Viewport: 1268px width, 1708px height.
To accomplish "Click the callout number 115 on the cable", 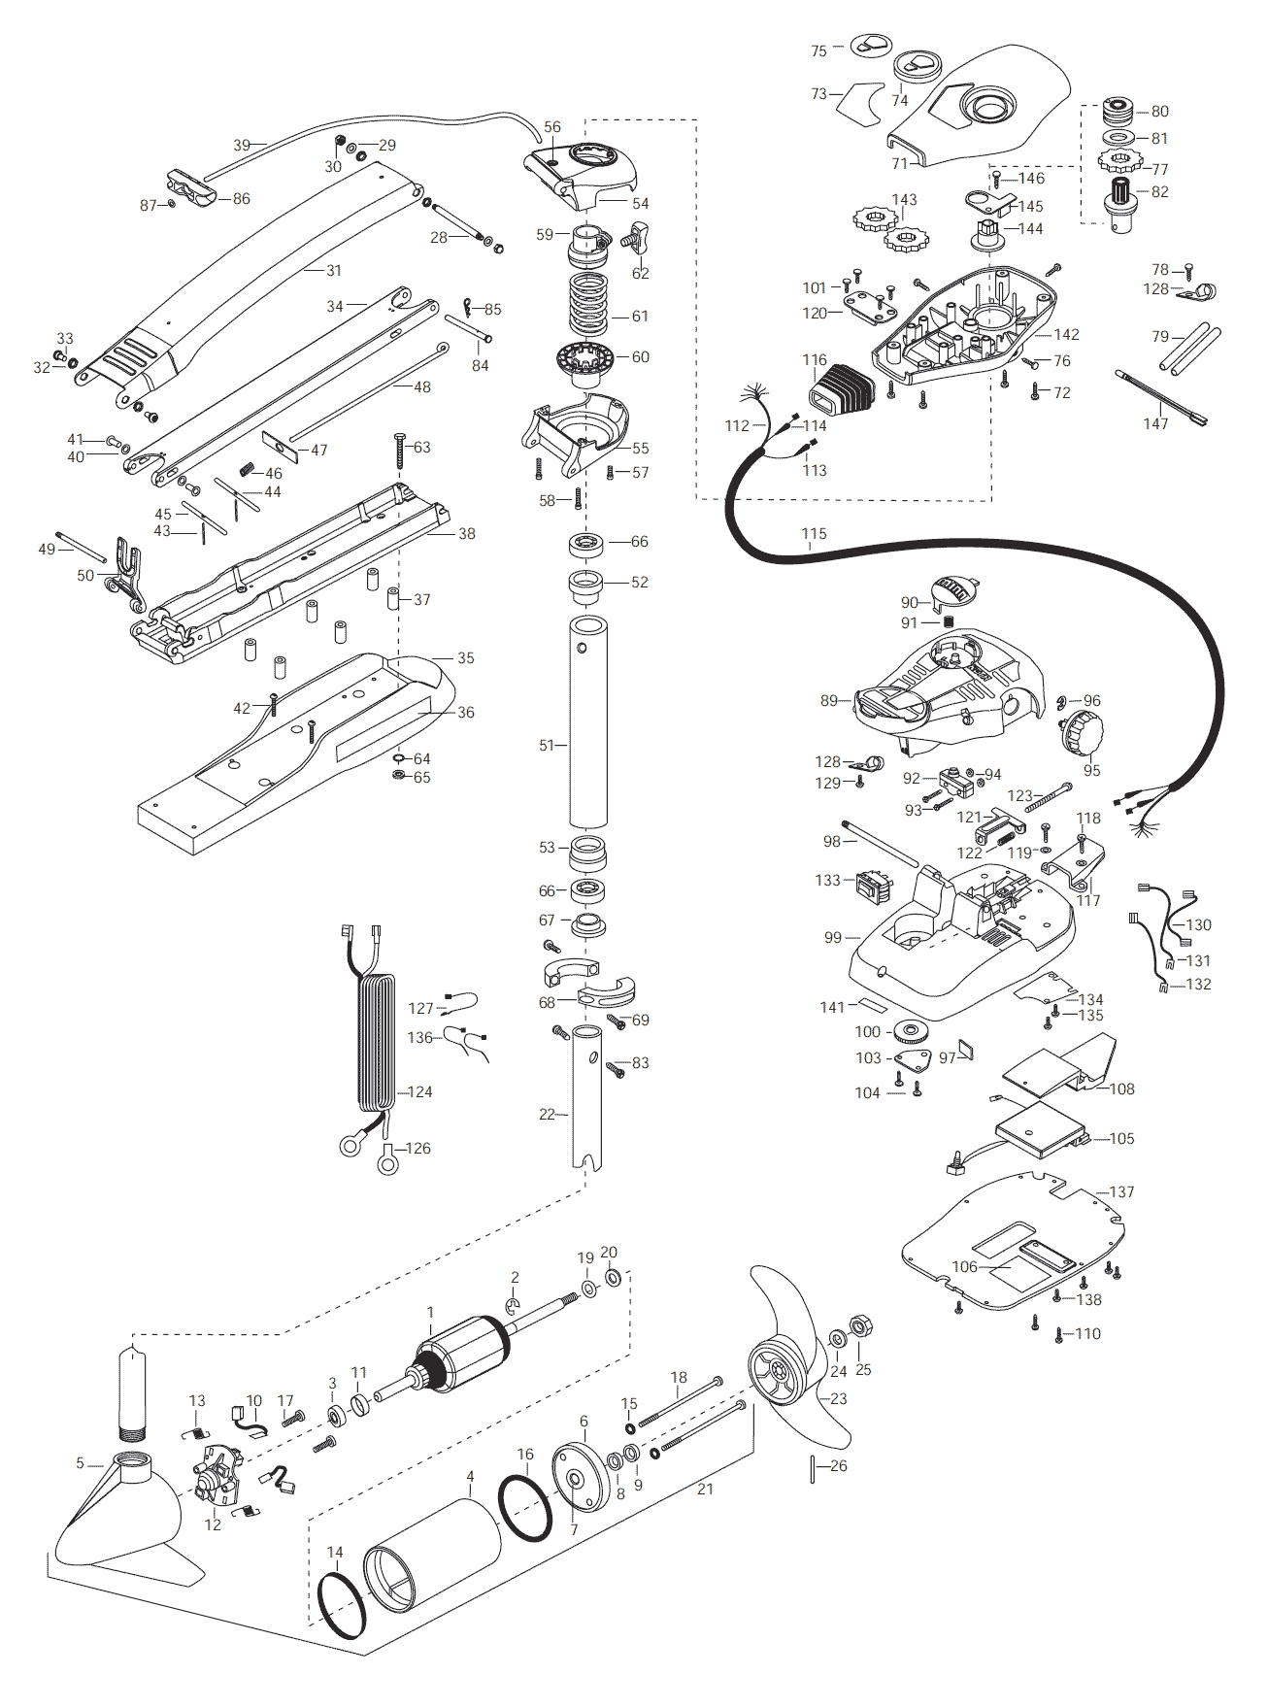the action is [x=814, y=534].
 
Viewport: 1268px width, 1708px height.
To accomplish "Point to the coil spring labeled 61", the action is [x=588, y=302].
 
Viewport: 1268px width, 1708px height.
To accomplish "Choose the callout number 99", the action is [x=833, y=938].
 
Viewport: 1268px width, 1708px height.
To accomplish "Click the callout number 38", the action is [x=466, y=534].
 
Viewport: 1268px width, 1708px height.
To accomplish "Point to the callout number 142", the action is [x=1066, y=334].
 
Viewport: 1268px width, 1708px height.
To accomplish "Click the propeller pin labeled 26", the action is [x=812, y=1469].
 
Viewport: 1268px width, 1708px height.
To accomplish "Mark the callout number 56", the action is [x=552, y=127].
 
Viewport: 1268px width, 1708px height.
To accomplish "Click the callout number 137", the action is [x=1121, y=1191].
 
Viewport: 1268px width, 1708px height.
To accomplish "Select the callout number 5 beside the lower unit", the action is [x=81, y=1463].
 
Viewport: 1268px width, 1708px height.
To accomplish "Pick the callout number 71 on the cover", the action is [x=899, y=164].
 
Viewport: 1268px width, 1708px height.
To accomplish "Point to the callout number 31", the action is [x=333, y=271].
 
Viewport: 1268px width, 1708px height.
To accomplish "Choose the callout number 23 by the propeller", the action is [x=838, y=1399].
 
